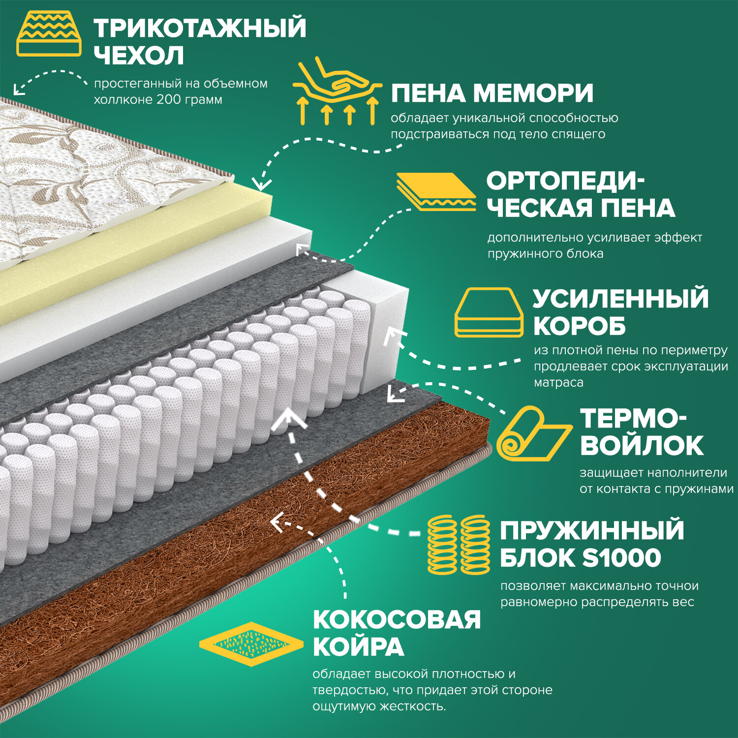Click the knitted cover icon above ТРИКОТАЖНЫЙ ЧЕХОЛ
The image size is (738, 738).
pos(49,34)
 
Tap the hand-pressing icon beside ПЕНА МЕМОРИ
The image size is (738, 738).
pos(337,91)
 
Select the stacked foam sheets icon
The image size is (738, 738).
pos(436,192)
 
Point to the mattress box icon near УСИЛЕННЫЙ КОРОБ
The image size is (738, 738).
pos(488,312)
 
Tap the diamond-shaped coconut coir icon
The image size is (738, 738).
pos(251,644)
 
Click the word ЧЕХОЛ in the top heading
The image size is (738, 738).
pos(139,55)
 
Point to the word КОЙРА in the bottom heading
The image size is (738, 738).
pos(358,646)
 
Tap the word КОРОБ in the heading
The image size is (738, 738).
pos(579,326)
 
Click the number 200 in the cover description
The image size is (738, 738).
pos(168,100)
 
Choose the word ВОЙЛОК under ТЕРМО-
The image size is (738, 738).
pos(642,445)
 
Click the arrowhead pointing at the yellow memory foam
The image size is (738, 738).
pos(263,184)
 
